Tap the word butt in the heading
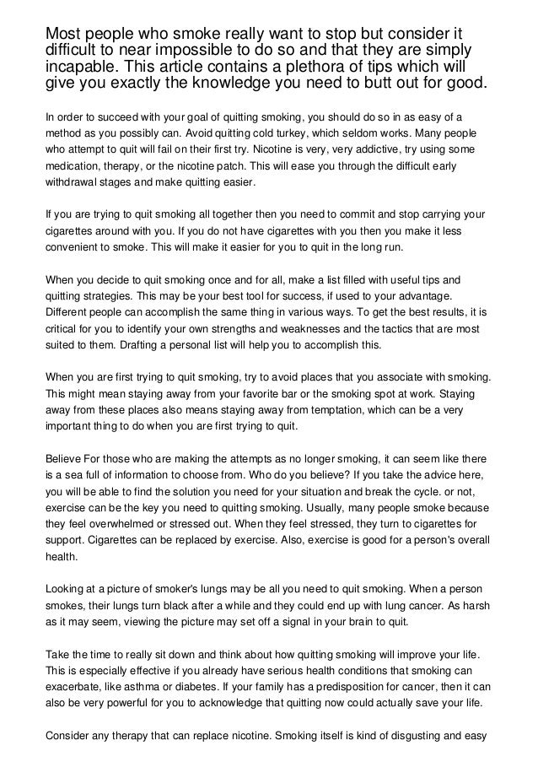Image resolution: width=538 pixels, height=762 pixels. click(x=395, y=86)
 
